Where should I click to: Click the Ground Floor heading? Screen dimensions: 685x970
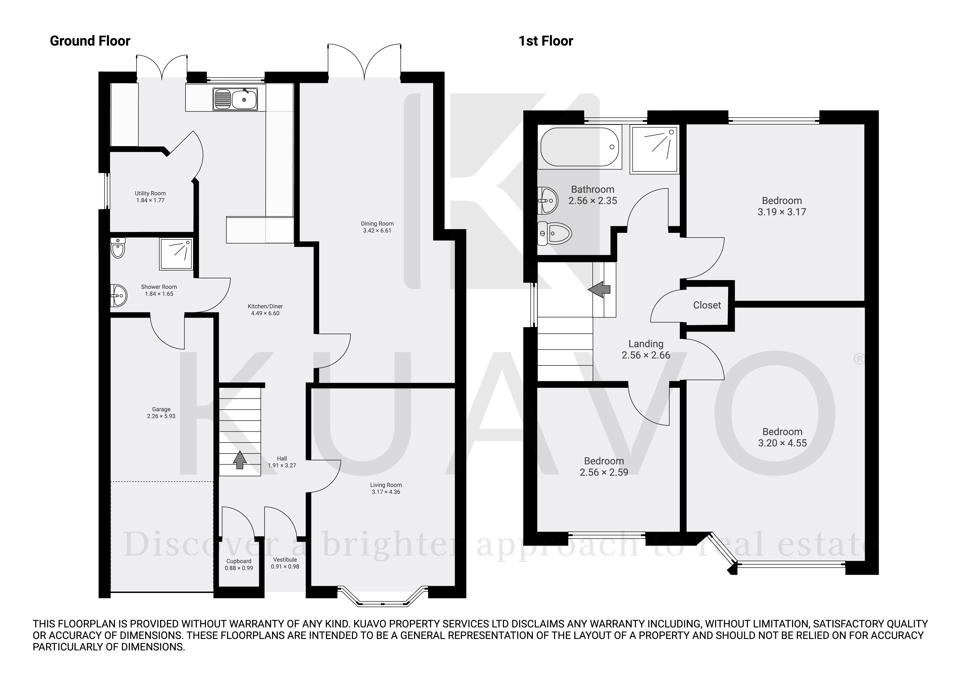pos(90,41)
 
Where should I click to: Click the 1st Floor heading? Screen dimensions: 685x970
pos(545,41)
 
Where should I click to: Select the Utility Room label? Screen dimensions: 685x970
pos(150,193)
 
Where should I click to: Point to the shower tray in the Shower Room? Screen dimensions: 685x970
pos(176,254)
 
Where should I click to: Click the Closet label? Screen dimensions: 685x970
pos(707,305)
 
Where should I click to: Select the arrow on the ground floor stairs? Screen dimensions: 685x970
pos(240,460)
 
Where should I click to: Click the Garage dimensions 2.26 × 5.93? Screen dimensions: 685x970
pos(161,416)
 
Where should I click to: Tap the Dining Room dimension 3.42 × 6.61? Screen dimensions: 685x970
pos(377,230)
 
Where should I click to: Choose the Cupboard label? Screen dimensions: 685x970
pos(239,561)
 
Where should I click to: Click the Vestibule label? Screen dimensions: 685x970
pos(285,560)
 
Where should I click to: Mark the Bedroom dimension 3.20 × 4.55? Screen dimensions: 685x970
pos(782,443)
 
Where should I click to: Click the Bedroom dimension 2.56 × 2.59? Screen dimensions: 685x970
pos(604,472)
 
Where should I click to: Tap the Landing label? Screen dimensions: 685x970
pos(645,344)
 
